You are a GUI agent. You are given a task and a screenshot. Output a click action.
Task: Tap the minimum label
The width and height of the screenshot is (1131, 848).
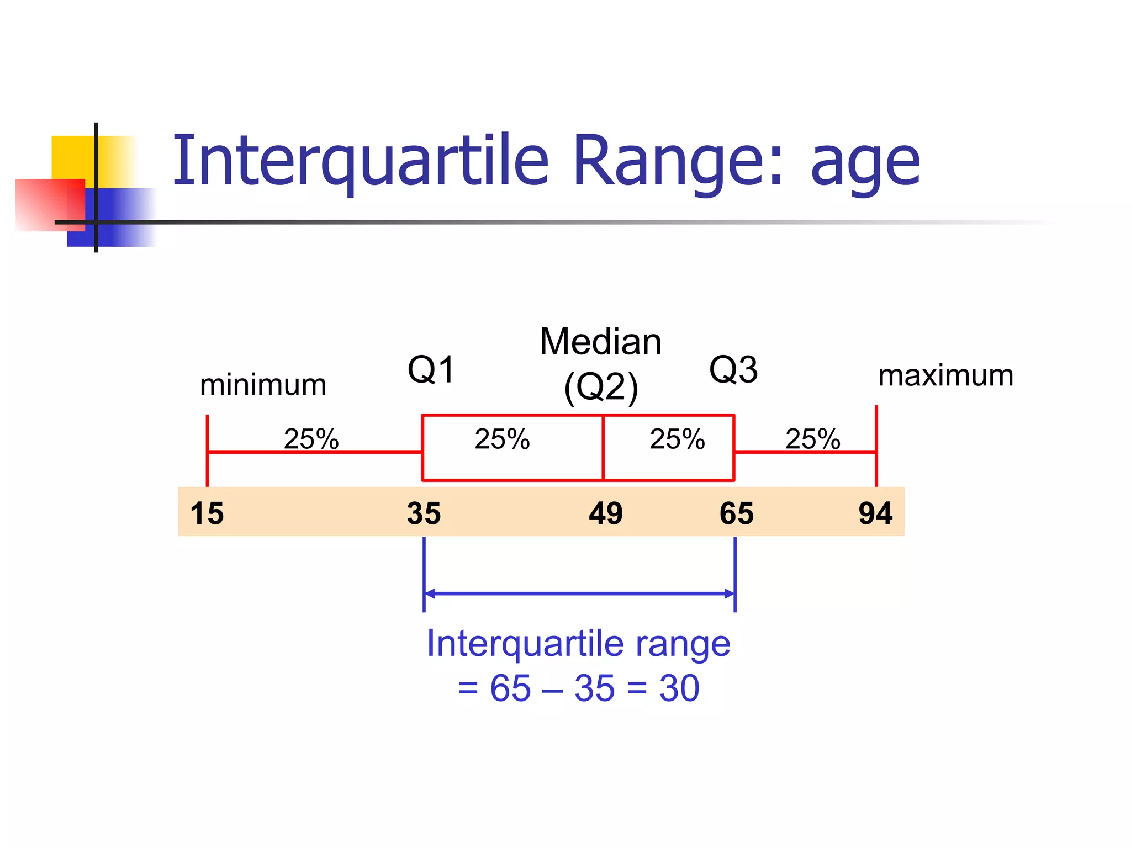click(x=263, y=385)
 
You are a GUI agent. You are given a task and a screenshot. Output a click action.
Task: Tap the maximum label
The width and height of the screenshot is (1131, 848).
click(x=945, y=375)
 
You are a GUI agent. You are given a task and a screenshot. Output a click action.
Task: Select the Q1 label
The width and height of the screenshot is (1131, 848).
click(x=431, y=369)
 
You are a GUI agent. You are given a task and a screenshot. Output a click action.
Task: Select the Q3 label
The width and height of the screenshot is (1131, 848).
click(x=733, y=369)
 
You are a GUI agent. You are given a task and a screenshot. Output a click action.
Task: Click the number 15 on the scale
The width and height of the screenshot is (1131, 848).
click(x=207, y=513)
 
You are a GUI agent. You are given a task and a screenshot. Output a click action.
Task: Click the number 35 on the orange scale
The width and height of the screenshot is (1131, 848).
click(x=424, y=513)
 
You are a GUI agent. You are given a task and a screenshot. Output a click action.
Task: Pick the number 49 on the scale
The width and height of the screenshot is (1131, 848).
click(x=605, y=513)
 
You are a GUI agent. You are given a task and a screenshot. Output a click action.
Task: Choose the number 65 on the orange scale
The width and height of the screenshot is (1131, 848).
click(x=736, y=513)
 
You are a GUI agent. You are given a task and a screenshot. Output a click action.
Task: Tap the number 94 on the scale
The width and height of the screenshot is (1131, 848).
click(x=875, y=513)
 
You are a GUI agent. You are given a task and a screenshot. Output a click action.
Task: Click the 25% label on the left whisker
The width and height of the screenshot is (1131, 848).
click(x=311, y=439)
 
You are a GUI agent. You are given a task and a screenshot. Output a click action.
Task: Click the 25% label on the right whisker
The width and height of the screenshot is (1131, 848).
click(x=812, y=439)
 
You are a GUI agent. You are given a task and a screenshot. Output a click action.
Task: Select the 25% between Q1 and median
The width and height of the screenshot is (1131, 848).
click(x=502, y=439)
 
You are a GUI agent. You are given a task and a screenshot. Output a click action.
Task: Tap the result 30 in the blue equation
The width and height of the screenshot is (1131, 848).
click(x=679, y=688)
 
